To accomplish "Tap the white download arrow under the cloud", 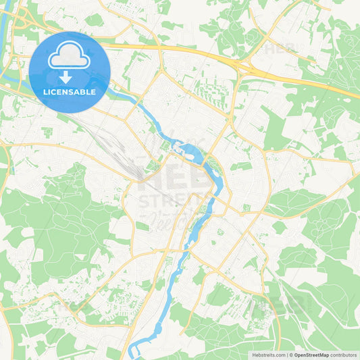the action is pyautogui.click(x=70, y=76).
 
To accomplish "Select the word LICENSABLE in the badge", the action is pyautogui.click(x=70, y=92).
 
